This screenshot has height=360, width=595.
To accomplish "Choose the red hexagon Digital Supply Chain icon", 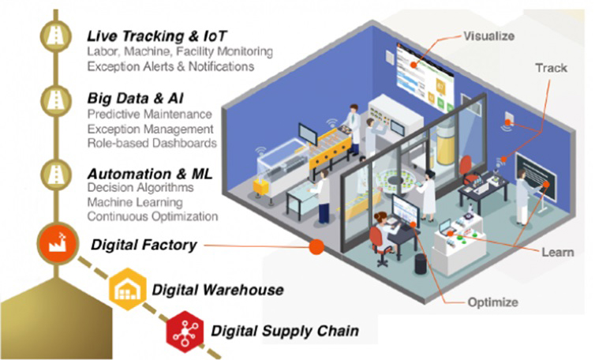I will pos(185,329).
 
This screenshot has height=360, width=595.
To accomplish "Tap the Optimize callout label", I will pos(496,302).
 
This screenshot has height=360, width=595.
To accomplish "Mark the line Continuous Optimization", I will pos(152,216).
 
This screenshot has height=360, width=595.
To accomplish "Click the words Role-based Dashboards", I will pos(152,143).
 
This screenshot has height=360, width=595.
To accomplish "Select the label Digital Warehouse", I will pos(217,290).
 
